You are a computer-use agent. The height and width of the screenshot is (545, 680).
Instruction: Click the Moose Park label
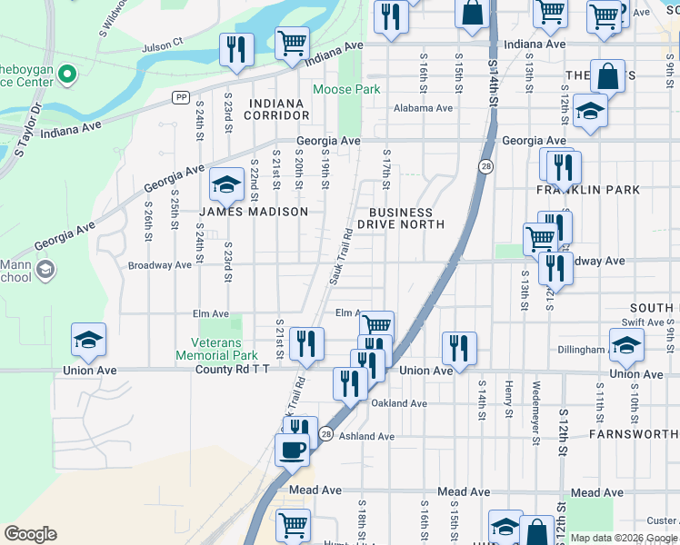[x=346, y=89]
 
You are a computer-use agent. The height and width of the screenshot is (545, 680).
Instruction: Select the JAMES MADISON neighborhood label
[x=254, y=212]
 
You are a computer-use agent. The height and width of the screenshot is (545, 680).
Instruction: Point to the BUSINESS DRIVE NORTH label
[x=400, y=218]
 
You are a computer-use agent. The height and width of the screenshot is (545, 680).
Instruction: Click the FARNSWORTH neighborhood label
[x=633, y=434]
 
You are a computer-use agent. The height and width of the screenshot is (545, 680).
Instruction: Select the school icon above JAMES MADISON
[x=226, y=187]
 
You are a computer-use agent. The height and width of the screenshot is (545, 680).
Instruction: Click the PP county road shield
[x=181, y=97]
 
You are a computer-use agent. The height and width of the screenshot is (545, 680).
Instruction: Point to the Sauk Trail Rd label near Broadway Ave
[x=341, y=255]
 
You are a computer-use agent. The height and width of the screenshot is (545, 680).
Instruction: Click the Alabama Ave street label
[x=423, y=108]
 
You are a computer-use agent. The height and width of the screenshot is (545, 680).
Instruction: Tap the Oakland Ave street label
[x=399, y=403]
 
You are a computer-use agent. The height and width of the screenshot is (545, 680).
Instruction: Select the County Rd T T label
[x=232, y=371]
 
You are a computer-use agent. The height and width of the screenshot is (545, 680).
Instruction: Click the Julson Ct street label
[x=163, y=43]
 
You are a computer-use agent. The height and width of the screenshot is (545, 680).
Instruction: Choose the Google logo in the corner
[x=31, y=534]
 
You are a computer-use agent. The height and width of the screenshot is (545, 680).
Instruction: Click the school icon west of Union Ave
[x=89, y=341]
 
